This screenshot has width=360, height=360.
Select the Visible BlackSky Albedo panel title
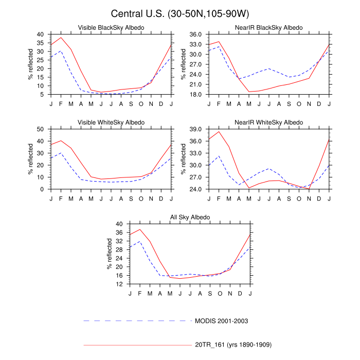pos(111,27)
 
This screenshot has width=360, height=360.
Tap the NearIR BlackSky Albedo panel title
pos(269,27)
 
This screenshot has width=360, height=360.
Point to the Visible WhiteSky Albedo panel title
pos(111,122)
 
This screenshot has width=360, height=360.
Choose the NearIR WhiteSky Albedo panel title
pos(269,122)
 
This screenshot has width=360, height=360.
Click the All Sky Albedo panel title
pos(190,218)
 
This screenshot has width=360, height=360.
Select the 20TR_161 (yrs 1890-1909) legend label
pos(233,344)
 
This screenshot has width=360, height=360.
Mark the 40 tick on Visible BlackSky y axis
pos(40,34)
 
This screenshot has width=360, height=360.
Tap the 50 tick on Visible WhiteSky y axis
pos(40,129)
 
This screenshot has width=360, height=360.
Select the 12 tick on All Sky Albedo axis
pos(119,284)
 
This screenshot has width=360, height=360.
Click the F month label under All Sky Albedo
pos(140,293)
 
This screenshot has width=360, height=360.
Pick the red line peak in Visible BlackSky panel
pos(61,38)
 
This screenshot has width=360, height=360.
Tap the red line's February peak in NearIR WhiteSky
pos(219,132)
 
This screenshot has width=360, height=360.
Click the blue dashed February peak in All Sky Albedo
pos(140,241)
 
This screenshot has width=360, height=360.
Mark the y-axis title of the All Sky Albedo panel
pos(109,254)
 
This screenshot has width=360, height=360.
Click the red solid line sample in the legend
pos(136,344)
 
